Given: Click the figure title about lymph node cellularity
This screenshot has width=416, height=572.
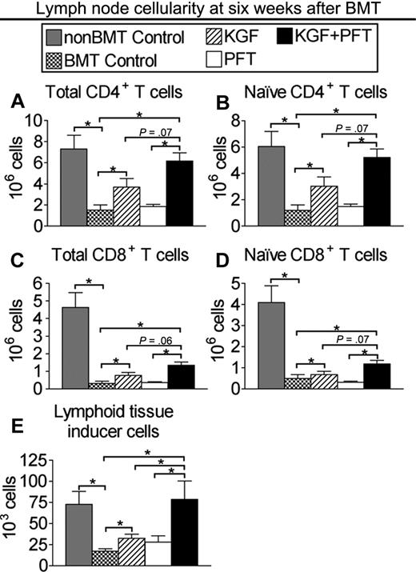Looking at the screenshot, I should [x=207, y=10].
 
